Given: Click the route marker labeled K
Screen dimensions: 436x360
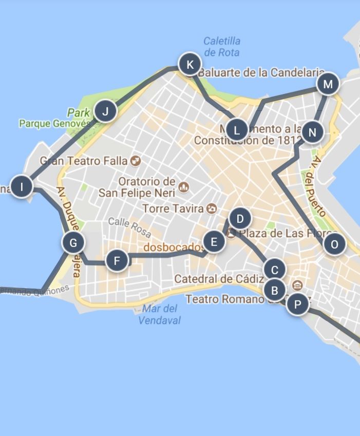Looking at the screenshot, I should [x=190, y=65].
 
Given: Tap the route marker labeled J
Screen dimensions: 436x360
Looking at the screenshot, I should [x=105, y=111].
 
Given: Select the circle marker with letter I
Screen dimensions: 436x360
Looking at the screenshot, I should [x=22, y=187].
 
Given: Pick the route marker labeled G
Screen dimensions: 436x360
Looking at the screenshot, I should [x=73, y=242].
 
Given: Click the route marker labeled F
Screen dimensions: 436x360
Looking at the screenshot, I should [x=117, y=261].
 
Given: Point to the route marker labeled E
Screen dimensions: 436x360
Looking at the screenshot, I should [x=214, y=241].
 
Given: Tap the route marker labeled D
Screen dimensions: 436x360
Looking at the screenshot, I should [x=239, y=219].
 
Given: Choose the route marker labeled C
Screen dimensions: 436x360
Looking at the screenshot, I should [x=274, y=270].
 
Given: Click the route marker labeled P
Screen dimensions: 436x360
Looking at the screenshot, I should [x=297, y=305].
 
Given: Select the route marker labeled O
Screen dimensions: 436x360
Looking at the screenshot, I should [x=334, y=244].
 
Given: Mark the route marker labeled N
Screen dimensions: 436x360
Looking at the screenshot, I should [x=312, y=133].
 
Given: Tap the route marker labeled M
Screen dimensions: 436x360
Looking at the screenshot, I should [x=328, y=84].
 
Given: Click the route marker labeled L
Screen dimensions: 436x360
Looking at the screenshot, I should [x=237, y=130].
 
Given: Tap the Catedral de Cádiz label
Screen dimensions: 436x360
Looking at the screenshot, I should [x=219, y=279].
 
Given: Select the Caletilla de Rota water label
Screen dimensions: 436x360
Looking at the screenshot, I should [x=222, y=46].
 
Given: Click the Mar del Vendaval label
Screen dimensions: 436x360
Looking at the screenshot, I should [x=159, y=314].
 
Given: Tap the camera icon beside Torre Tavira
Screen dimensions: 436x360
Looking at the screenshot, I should [x=212, y=208].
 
